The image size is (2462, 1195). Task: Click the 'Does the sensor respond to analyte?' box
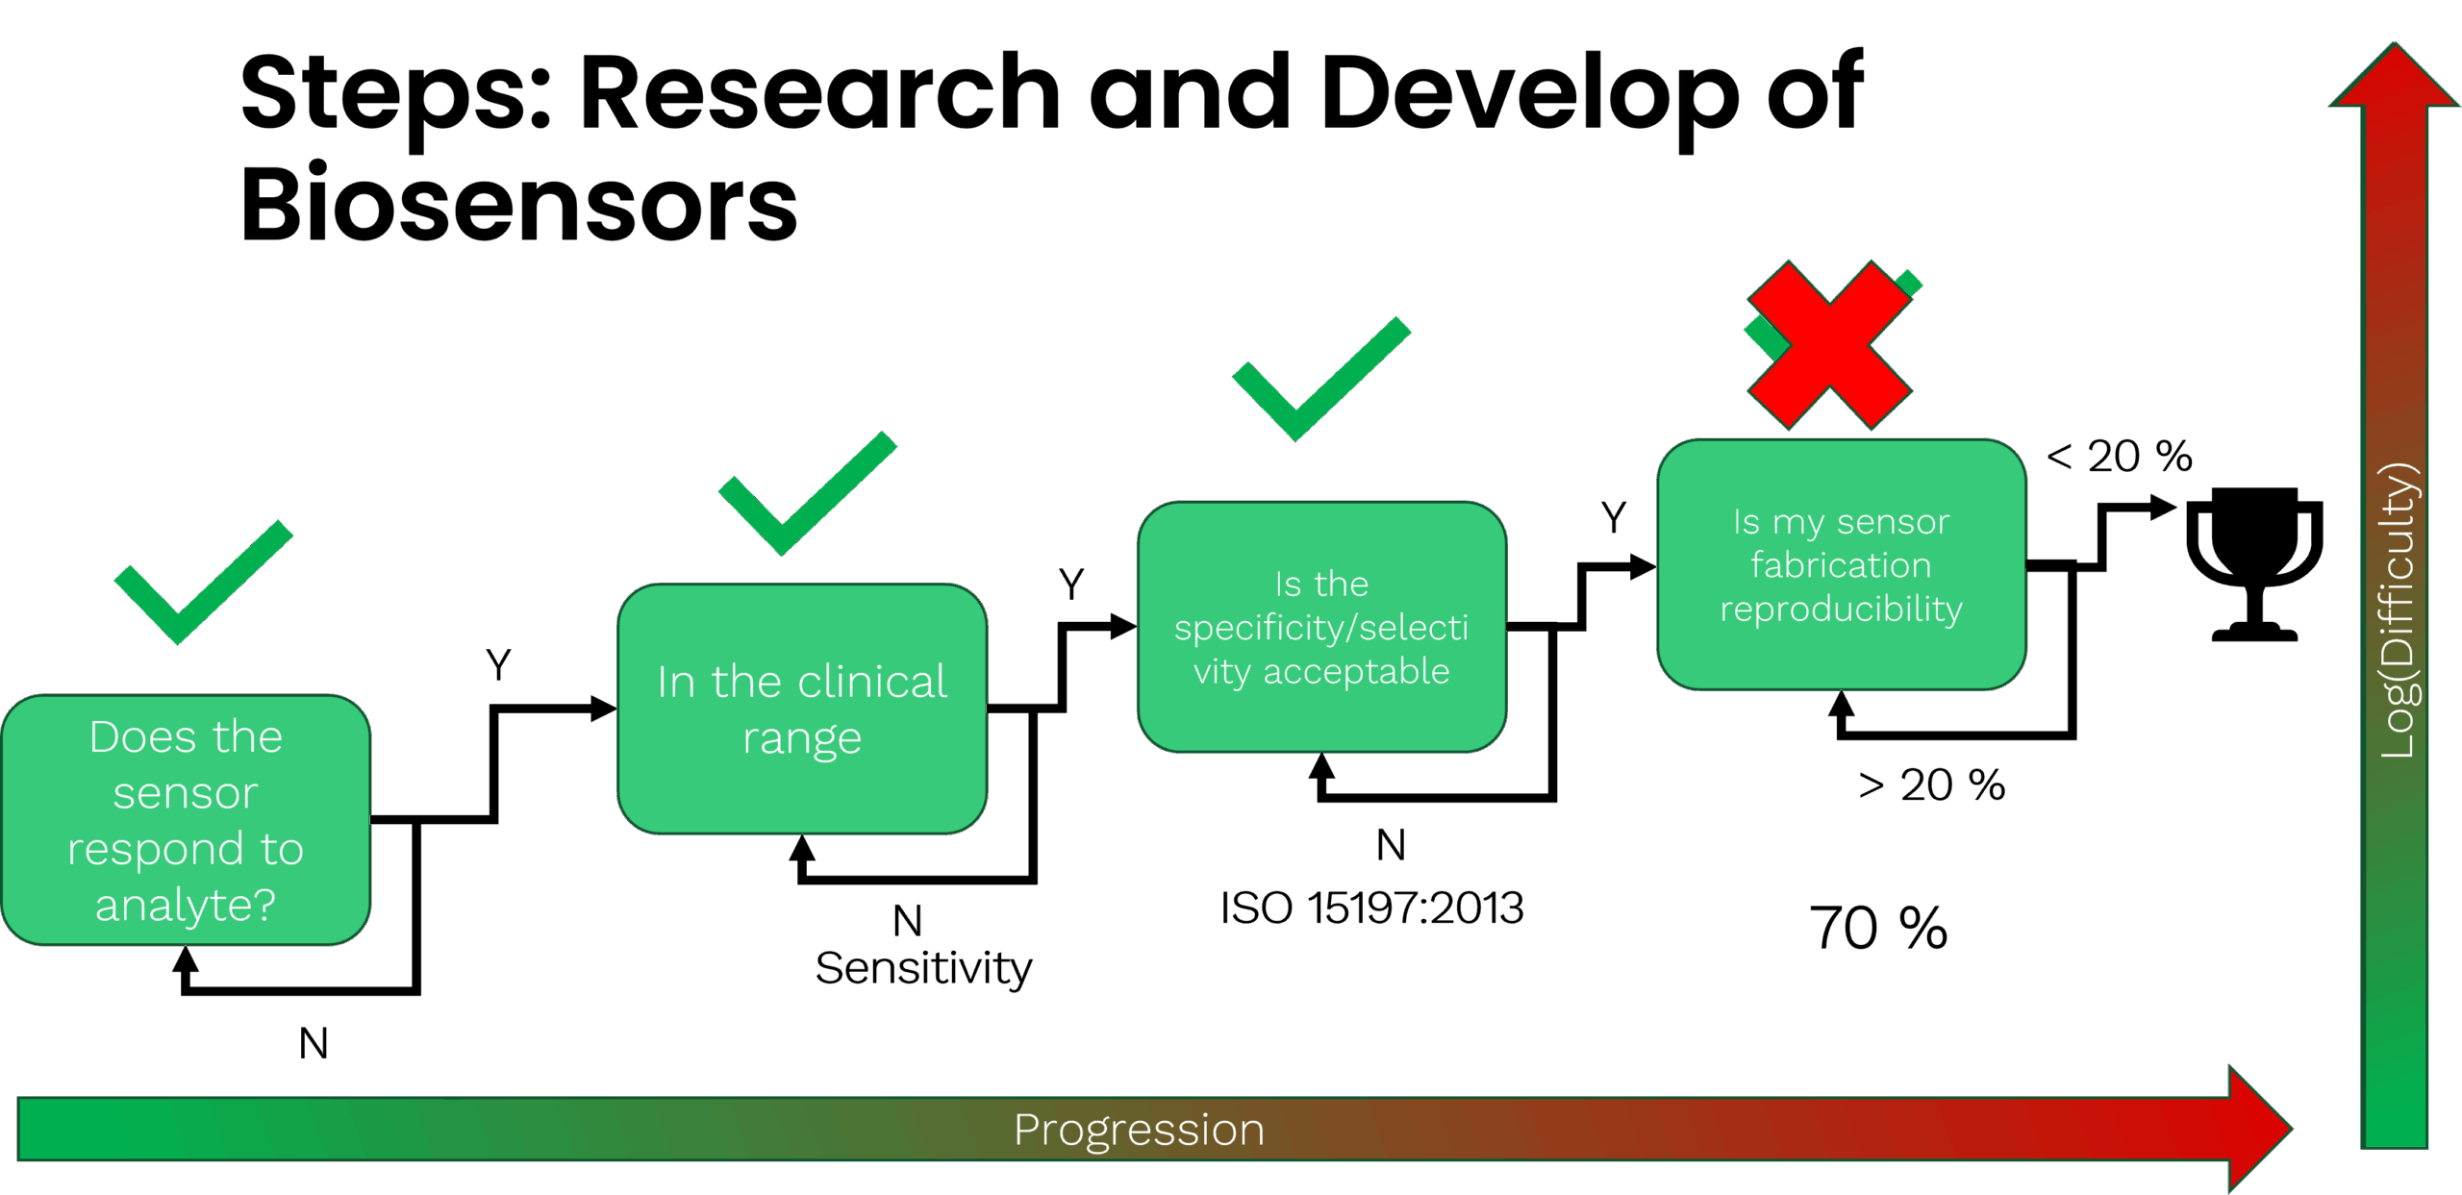pyautogui.click(x=186, y=819)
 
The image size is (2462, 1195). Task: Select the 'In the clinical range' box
pyautogui.click(x=802, y=709)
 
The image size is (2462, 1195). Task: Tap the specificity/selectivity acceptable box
pyautogui.click(x=1321, y=626)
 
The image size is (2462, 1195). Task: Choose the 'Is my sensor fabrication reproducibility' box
pyautogui.click(x=1842, y=564)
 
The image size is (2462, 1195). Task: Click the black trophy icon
pyautogui.click(x=2253, y=562)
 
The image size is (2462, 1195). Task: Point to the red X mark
pyautogui.click(x=1830, y=344)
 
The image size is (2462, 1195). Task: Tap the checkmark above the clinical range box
pyautogui.click(x=806, y=494)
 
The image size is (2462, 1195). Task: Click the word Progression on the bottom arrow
pyautogui.click(x=1139, y=1130)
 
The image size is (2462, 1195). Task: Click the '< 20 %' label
pyautogui.click(x=2119, y=456)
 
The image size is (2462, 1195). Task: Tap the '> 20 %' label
pyautogui.click(x=1931, y=785)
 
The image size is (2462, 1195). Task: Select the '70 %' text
pyautogui.click(x=1877, y=928)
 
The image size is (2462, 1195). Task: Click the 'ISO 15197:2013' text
pyautogui.click(x=1371, y=908)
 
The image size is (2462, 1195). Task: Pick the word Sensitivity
pyautogui.click(x=923, y=968)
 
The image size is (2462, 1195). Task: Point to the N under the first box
pyautogui.click(x=314, y=1043)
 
